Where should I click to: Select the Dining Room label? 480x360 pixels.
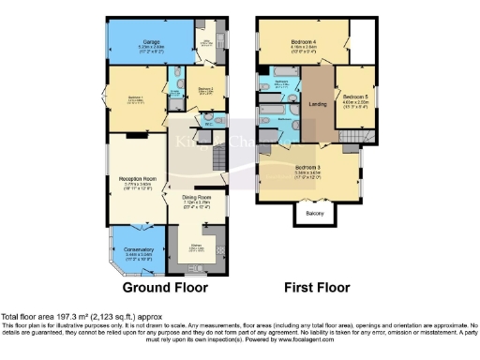(x=197, y=198)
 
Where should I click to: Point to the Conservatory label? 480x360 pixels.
(x=138, y=248)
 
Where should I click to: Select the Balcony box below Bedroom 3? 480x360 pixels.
(x=317, y=215)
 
